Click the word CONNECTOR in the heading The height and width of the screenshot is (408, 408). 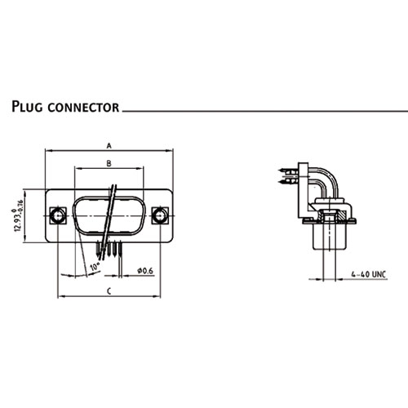[x=83, y=107]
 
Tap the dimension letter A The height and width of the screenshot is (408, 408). [x=109, y=146]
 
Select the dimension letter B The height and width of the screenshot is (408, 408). [x=109, y=163]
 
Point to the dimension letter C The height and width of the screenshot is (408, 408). [x=109, y=291]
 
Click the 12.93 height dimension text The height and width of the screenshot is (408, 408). [x=18, y=215]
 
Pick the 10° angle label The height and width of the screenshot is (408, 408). [x=95, y=267]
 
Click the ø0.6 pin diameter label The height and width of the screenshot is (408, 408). [x=145, y=271]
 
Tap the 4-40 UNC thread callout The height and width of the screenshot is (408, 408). [x=369, y=274]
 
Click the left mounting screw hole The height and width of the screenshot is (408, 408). [x=58, y=215]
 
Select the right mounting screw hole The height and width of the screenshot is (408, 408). [x=160, y=215]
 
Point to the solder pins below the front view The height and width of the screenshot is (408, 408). [x=109, y=249]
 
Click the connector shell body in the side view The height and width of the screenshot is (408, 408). [x=330, y=236]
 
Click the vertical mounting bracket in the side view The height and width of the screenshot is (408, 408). [x=303, y=190]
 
